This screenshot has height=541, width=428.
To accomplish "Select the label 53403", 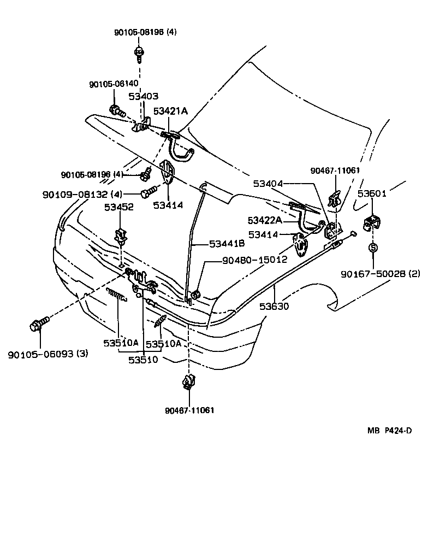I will coord(143,96).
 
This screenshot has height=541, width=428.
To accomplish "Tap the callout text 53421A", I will coord(170,111).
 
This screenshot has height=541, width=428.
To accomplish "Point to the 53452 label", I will coord(120,207).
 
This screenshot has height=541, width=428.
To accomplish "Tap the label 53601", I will coord(372,193).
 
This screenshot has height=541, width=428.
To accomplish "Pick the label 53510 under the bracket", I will coord(143,360).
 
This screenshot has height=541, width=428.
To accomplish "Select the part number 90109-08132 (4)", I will coord(84,194).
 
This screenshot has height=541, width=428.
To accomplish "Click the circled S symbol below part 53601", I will coord(373,248).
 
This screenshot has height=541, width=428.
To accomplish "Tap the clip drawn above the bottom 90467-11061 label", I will coord(188,381).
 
